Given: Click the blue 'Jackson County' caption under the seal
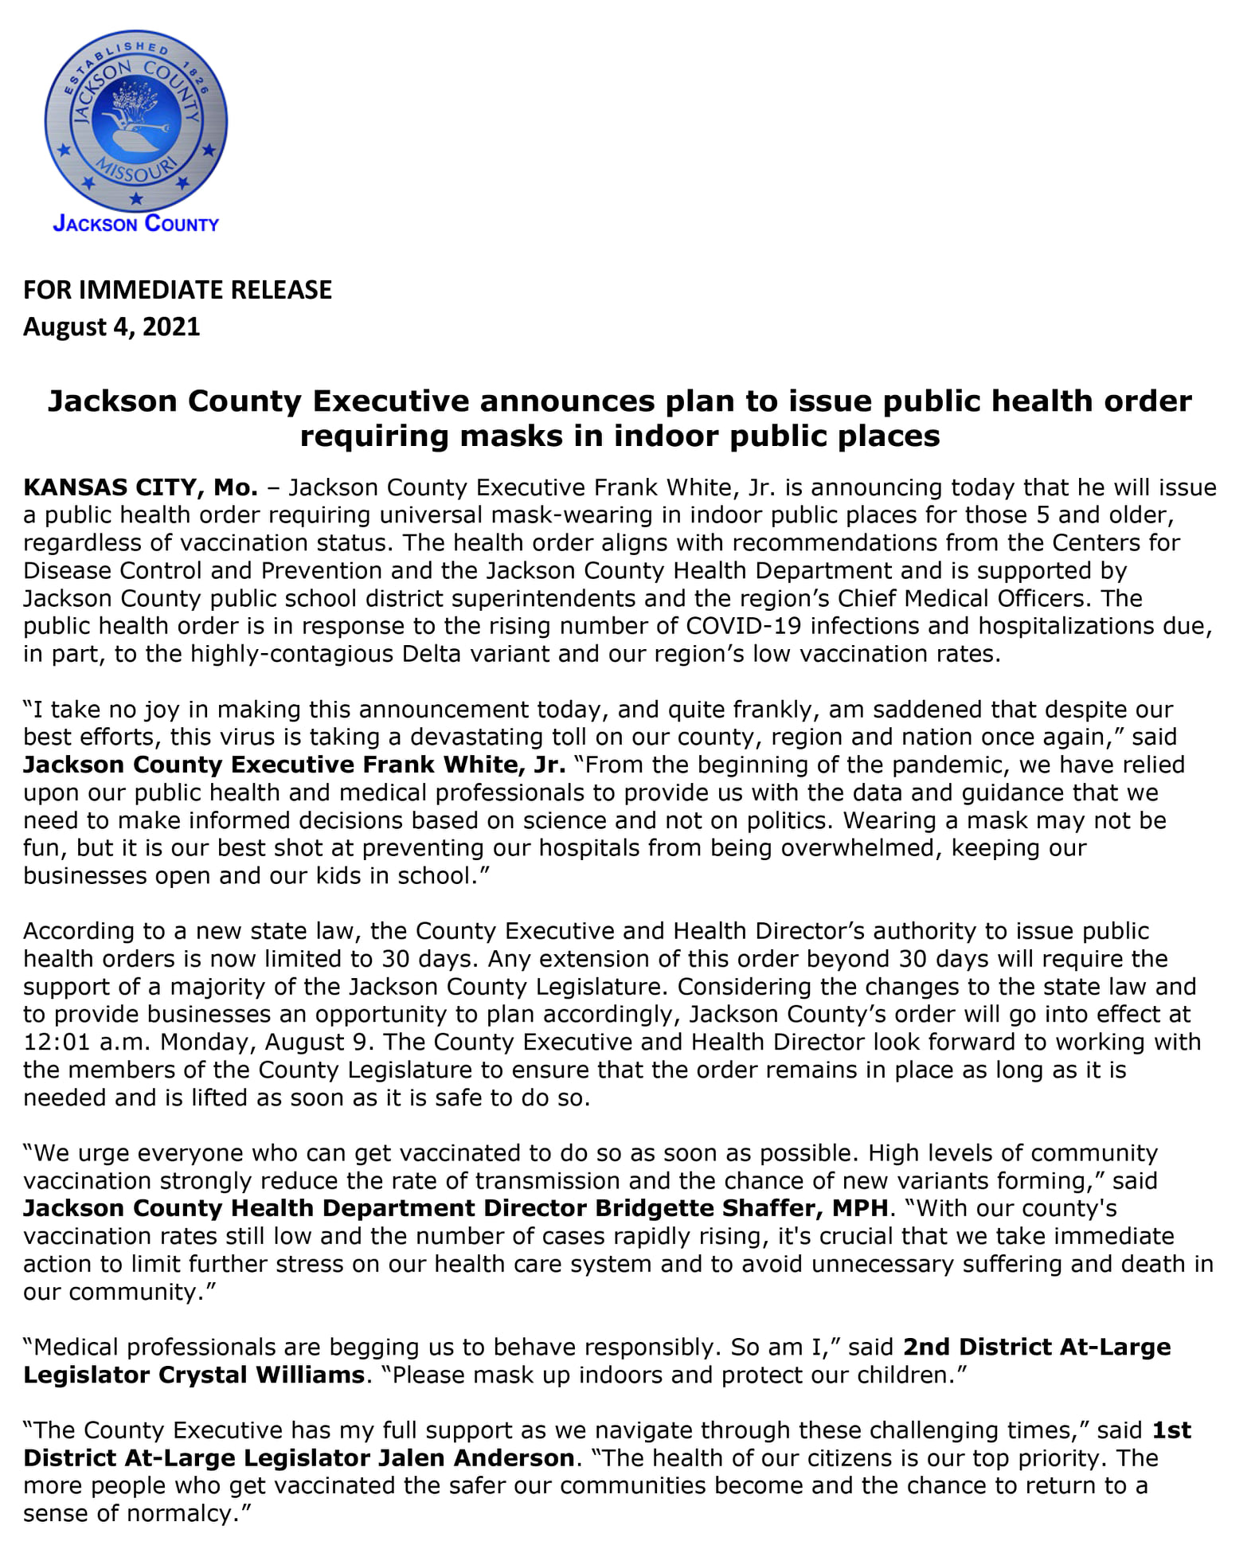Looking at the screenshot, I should pyautogui.click(x=136, y=224).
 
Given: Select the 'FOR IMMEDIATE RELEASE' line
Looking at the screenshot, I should pyautogui.click(x=178, y=290).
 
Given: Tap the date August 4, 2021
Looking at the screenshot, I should pyautogui.click(x=111, y=327).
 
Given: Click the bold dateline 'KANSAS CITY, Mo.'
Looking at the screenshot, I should pyautogui.click(x=141, y=487).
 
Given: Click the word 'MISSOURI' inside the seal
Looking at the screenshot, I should pyautogui.click(x=136, y=170).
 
